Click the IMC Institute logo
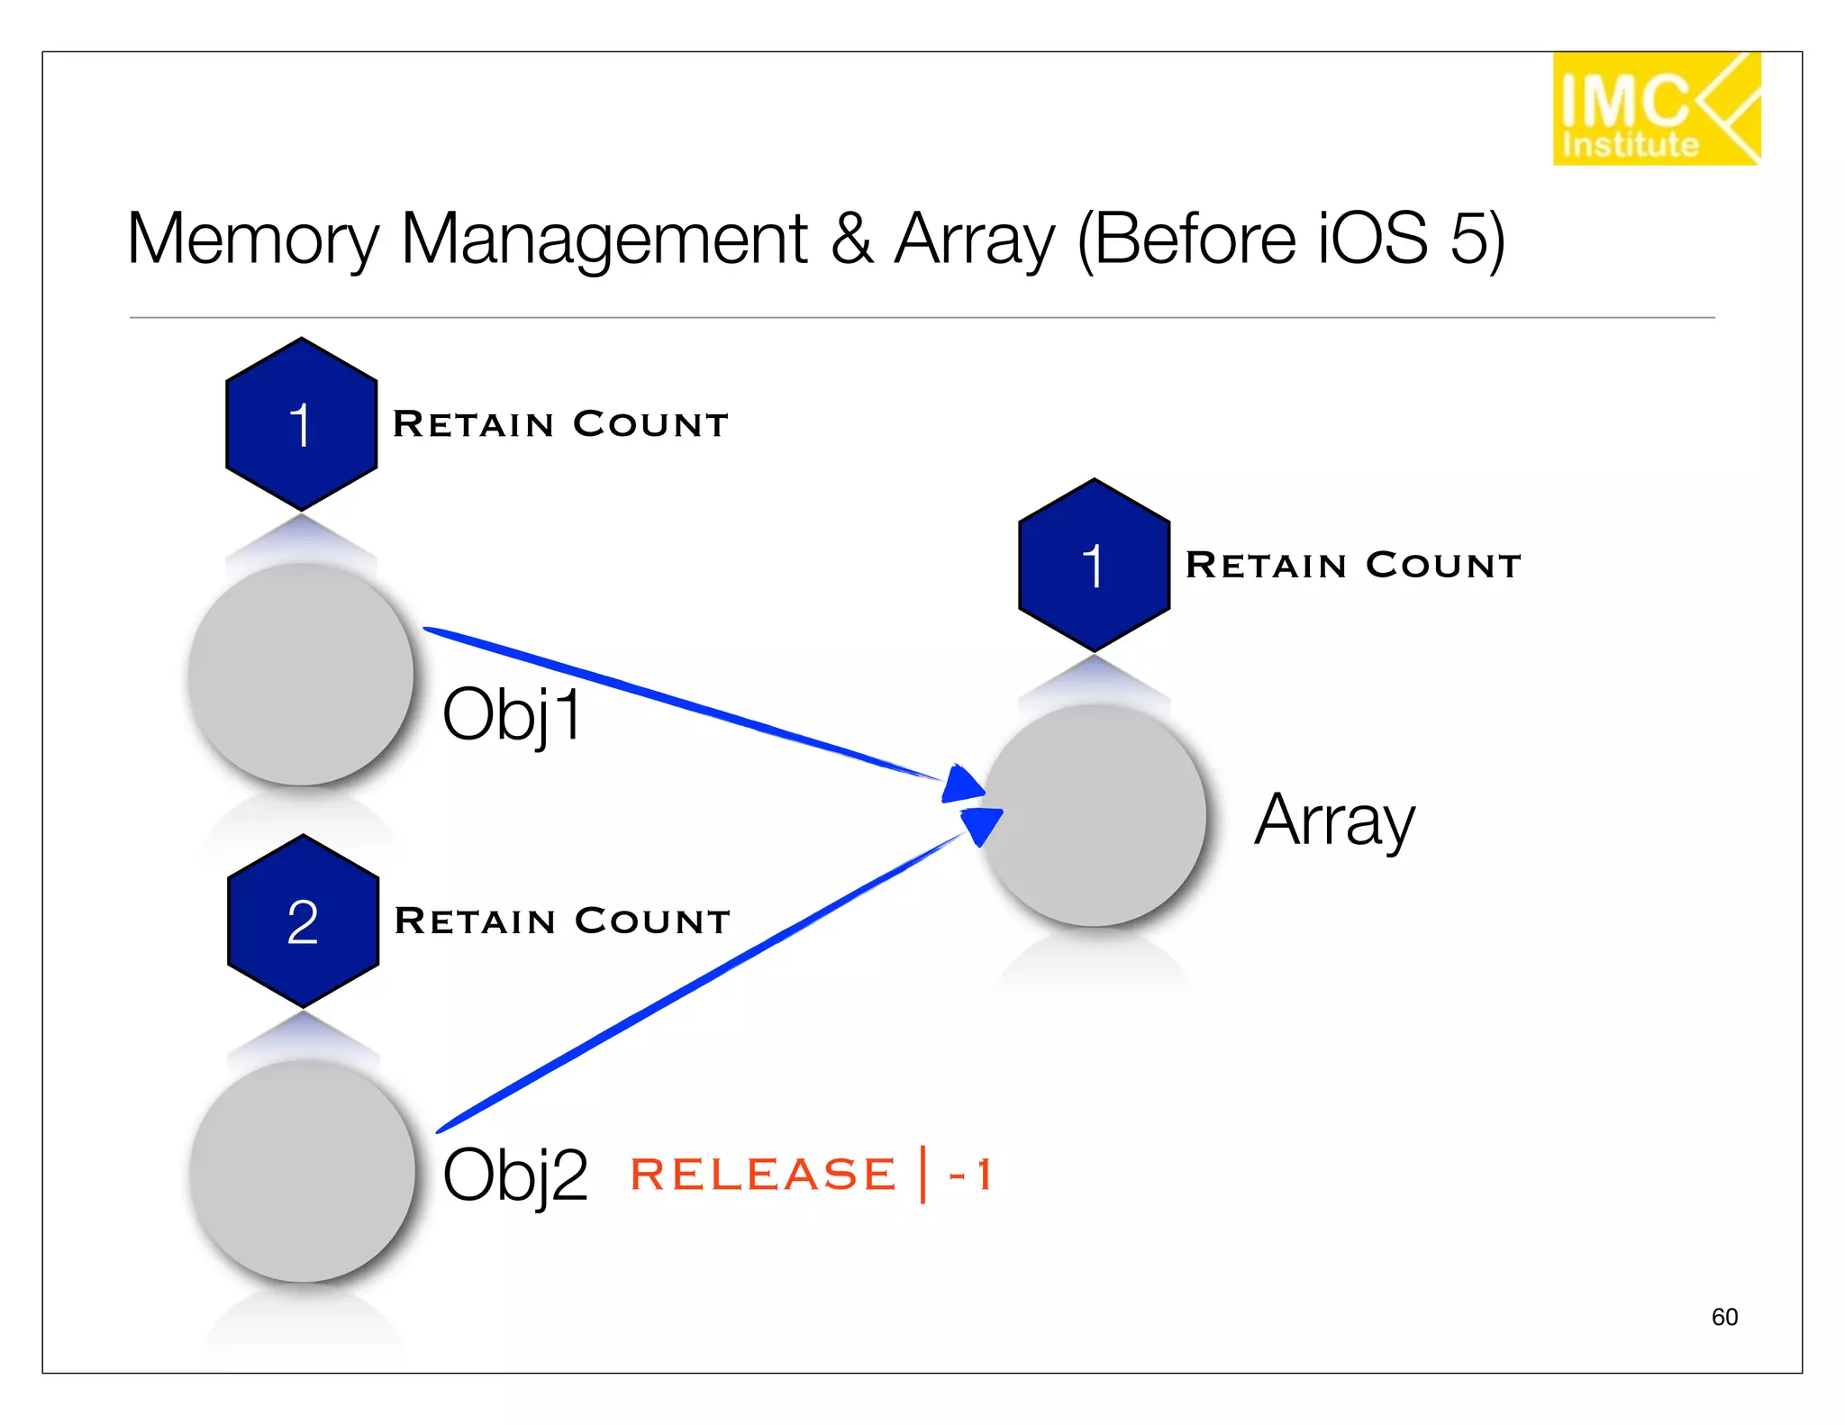coord(1655,109)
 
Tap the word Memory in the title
coord(253,239)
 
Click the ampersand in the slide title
coord(851,239)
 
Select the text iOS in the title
coord(1372,239)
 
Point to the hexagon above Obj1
coord(301,424)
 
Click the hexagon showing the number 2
coord(303,921)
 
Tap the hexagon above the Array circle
coord(1094,566)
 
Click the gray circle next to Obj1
coord(301,675)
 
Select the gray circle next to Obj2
coord(303,1171)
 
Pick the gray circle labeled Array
coord(1094,815)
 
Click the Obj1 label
coord(512,715)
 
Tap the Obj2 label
coord(514,1175)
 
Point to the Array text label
coord(1334,821)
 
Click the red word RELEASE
coord(762,1175)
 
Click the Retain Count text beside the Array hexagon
coord(1352,566)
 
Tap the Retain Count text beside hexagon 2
coord(562,921)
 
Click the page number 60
coord(1724,1317)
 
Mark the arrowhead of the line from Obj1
coord(962,785)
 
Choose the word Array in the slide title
coord(974,239)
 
